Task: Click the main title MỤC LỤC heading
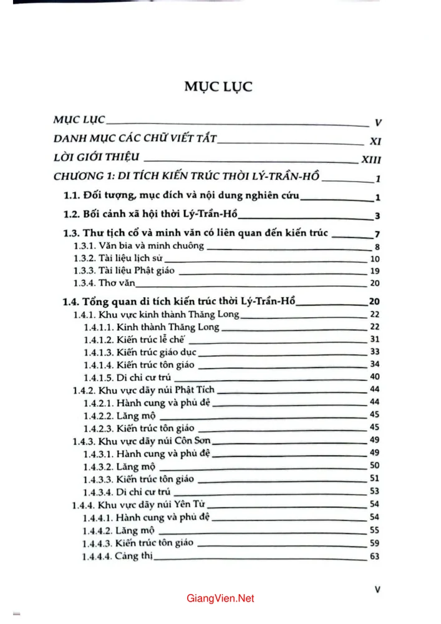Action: (218, 86)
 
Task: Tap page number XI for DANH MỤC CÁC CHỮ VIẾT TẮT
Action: (376, 141)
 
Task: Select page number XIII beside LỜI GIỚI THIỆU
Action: (371, 160)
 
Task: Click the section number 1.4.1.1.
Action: (97, 326)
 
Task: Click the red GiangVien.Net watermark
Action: (220, 598)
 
